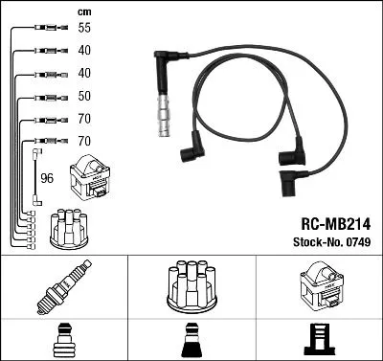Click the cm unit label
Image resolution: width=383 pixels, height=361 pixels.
84,11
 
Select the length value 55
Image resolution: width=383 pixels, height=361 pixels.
85,29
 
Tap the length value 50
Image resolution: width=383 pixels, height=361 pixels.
85,97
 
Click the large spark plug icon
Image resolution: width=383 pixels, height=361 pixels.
63,286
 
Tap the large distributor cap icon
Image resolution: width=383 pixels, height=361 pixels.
191,285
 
